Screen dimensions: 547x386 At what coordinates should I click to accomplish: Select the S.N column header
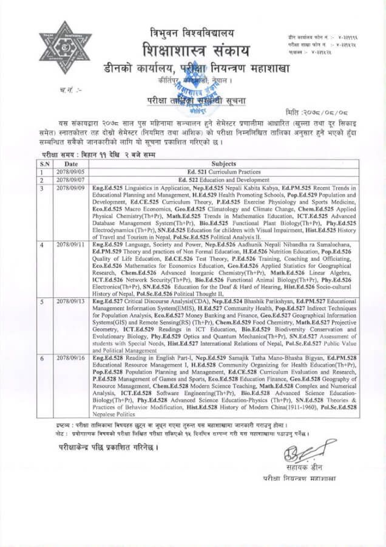click(x=44, y=163)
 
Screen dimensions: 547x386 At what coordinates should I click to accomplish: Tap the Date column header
click(x=71, y=163)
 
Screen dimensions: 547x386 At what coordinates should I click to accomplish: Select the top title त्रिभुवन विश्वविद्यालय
click(x=192, y=32)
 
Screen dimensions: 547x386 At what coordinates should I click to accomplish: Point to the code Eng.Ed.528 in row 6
click(x=107, y=359)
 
